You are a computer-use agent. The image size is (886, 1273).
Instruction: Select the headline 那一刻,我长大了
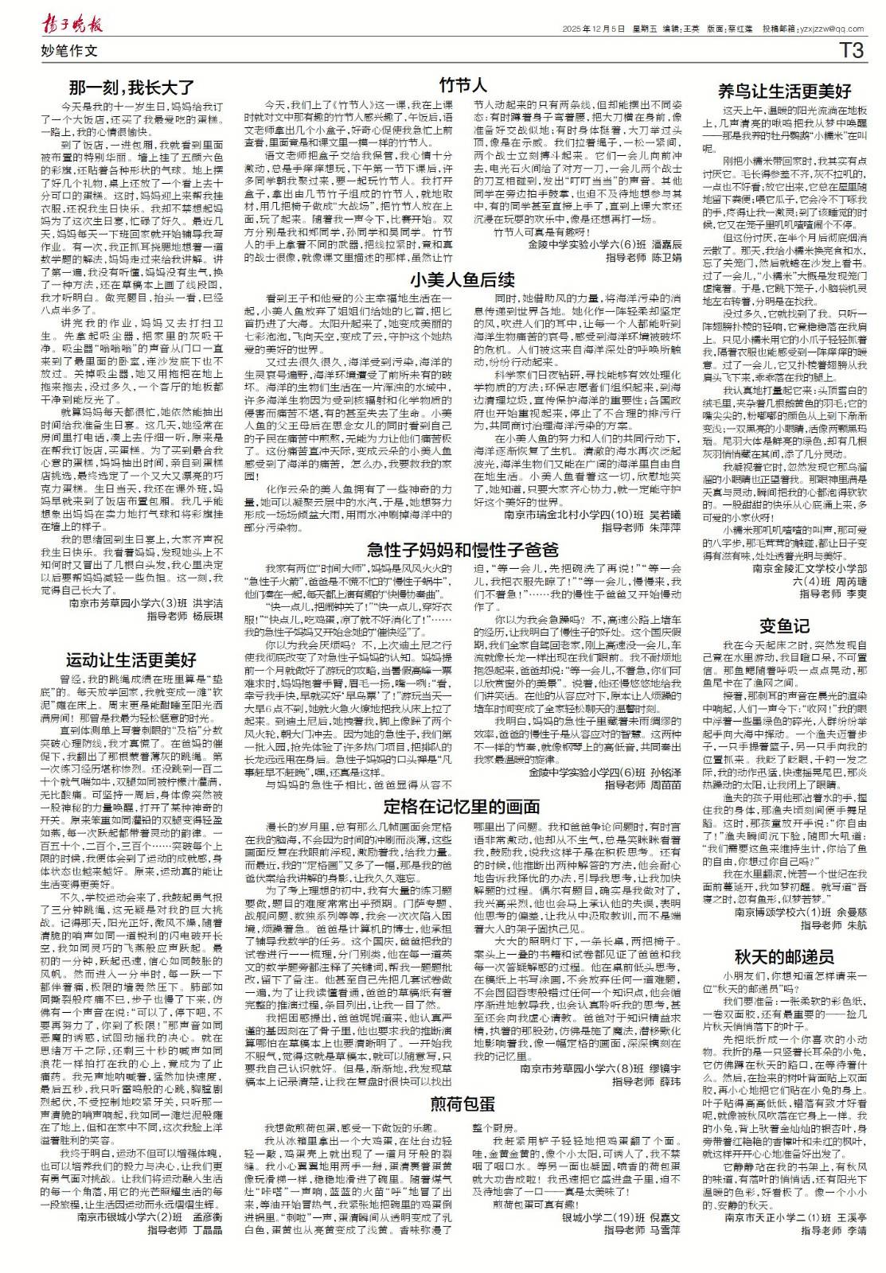click(x=132, y=88)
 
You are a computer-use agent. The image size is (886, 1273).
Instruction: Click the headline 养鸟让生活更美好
click(x=784, y=91)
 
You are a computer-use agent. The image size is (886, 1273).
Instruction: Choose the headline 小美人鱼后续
click(x=463, y=279)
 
